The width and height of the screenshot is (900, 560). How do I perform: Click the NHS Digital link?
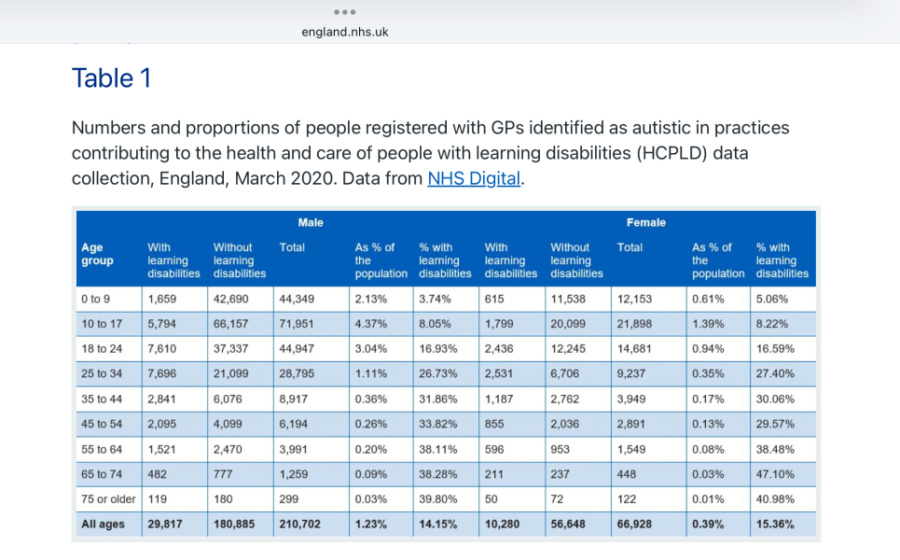473,178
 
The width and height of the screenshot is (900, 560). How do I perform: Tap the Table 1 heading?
111,78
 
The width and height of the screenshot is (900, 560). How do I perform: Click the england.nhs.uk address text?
345,32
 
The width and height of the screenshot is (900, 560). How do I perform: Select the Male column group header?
311,223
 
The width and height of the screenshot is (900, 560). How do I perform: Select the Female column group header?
646,223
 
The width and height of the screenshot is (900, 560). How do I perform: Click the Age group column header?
98,254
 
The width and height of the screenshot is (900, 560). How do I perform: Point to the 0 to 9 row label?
96,299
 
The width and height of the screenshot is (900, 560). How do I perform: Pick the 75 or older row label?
108,499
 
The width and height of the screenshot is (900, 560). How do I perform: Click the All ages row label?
103,525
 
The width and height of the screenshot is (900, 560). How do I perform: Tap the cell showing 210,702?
299,525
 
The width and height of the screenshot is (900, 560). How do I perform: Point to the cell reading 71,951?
296,324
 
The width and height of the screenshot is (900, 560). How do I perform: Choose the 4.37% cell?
370,324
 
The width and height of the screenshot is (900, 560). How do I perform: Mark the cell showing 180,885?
235,525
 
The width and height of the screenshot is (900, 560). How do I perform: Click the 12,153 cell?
634,299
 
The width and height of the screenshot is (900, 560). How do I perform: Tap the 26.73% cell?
438,374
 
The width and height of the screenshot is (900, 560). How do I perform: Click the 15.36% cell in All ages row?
775,525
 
